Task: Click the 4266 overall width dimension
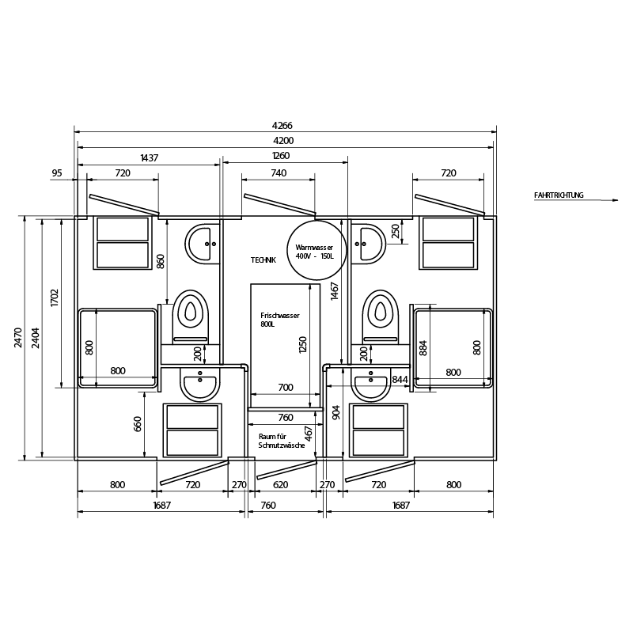click(x=282, y=126)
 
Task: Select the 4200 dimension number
click(x=283, y=141)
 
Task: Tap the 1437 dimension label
click(x=150, y=157)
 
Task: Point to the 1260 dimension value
click(x=281, y=155)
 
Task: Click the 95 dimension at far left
click(x=57, y=172)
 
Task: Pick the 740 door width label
click(x=279, y=172)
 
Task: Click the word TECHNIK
click(x=263, y=260)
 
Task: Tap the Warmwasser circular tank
click(x=316, y=250)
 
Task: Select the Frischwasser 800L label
click(x=280, y=320)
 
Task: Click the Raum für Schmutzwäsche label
click(x=282, y=441)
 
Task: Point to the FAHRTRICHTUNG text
click(x=559, y=195)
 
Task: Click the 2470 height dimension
click(x=17, y=338)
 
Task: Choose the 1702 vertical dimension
click(x=55, y=298)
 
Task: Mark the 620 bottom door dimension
click(x=281, y=484)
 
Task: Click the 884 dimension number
click(x=423, y=348)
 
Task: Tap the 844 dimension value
click(x=400, y=380)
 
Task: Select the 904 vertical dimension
click(x=336, y=412)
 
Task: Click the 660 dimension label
click(x=138, y=424)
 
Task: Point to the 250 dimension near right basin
click(x=395, y=231)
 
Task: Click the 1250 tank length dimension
click(x=303, y=344)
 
